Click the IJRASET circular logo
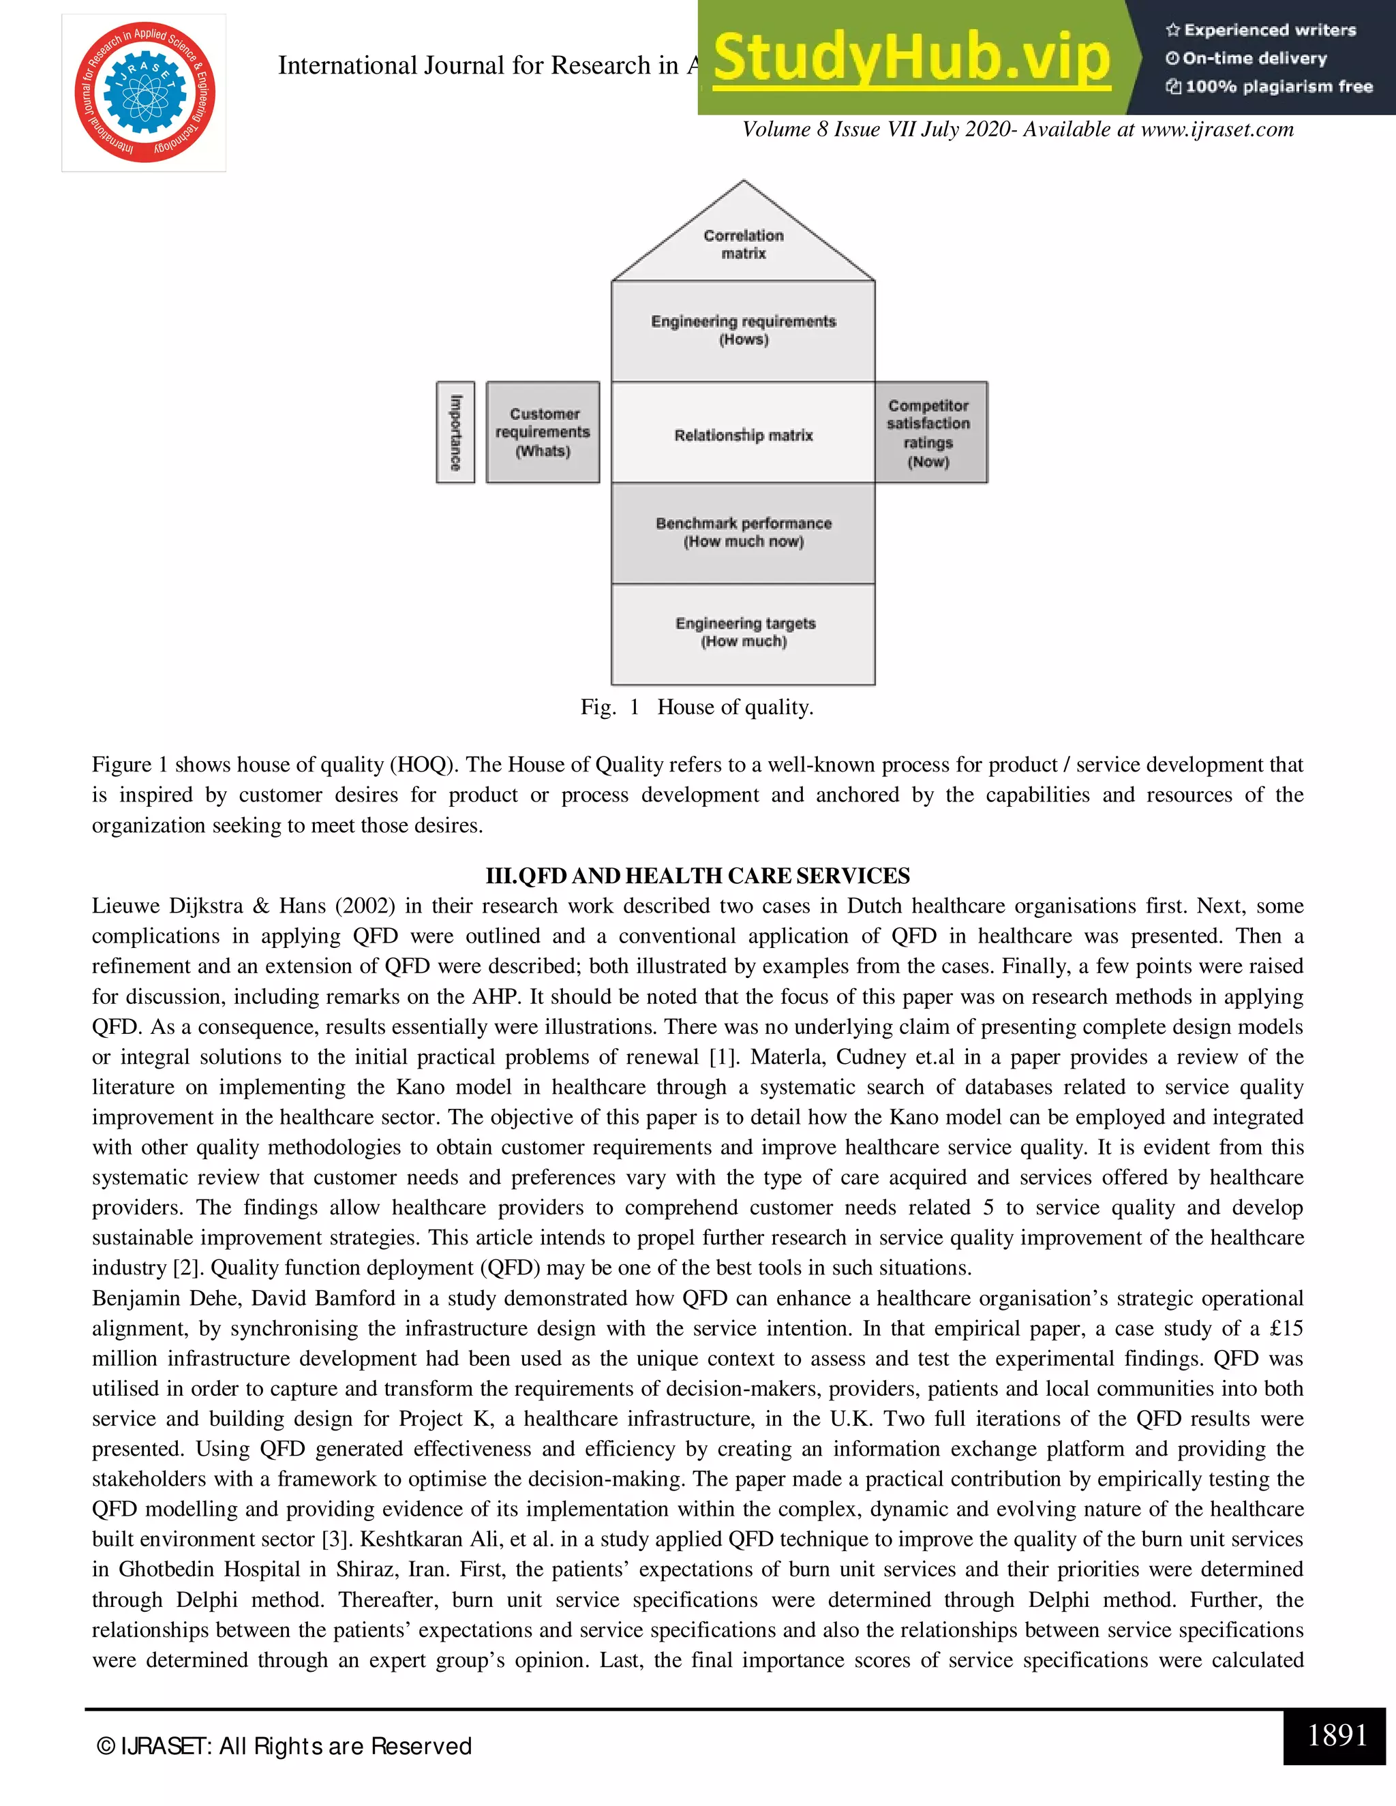[x=145, y=92]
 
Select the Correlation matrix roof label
[x=744, y=244]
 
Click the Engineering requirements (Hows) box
[x=743, y=330]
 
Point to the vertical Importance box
[x=455, y=431]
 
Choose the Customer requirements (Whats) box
[x=543, y=431]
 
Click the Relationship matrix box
[x=743, y=434]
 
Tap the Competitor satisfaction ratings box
[x=930, y=433]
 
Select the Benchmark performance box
[x=743, y=532]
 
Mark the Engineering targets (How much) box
[x=743, y=633]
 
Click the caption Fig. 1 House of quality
[x=697, y=707]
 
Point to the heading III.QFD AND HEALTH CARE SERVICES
[x=697, y=876]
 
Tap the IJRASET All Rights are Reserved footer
[x=284, y=1745]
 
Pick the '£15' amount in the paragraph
[x=1286, y=1328]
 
